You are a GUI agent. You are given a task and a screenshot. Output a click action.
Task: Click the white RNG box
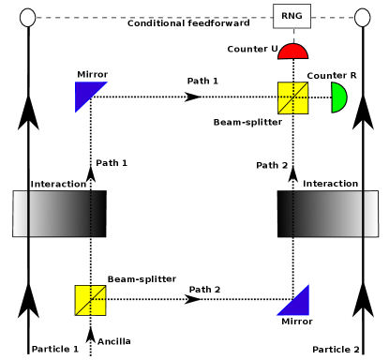point(292,16)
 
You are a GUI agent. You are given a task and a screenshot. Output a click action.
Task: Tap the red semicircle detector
point(292,52)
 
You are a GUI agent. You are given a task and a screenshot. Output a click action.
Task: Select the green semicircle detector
point(338,97)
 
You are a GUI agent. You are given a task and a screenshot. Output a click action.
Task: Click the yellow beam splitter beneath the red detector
point(292,97)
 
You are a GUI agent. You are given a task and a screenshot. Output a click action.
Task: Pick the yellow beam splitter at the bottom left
point(90,300)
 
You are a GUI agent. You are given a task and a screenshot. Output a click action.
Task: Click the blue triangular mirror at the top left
point(86,93)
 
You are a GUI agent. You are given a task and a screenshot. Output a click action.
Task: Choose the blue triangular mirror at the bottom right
point(296,304)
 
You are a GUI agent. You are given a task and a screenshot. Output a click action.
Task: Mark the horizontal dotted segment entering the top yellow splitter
point(239,97)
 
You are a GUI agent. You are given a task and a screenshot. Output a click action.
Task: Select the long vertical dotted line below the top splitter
point(293,139)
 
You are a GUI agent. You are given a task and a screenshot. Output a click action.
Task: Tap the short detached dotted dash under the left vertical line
point(91,183)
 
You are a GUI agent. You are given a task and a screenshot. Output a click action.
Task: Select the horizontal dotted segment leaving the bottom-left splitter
point(146,299)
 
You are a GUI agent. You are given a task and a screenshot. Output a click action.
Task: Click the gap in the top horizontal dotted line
point(194,97)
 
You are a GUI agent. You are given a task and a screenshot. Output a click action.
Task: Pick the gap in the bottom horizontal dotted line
point(195,299)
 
